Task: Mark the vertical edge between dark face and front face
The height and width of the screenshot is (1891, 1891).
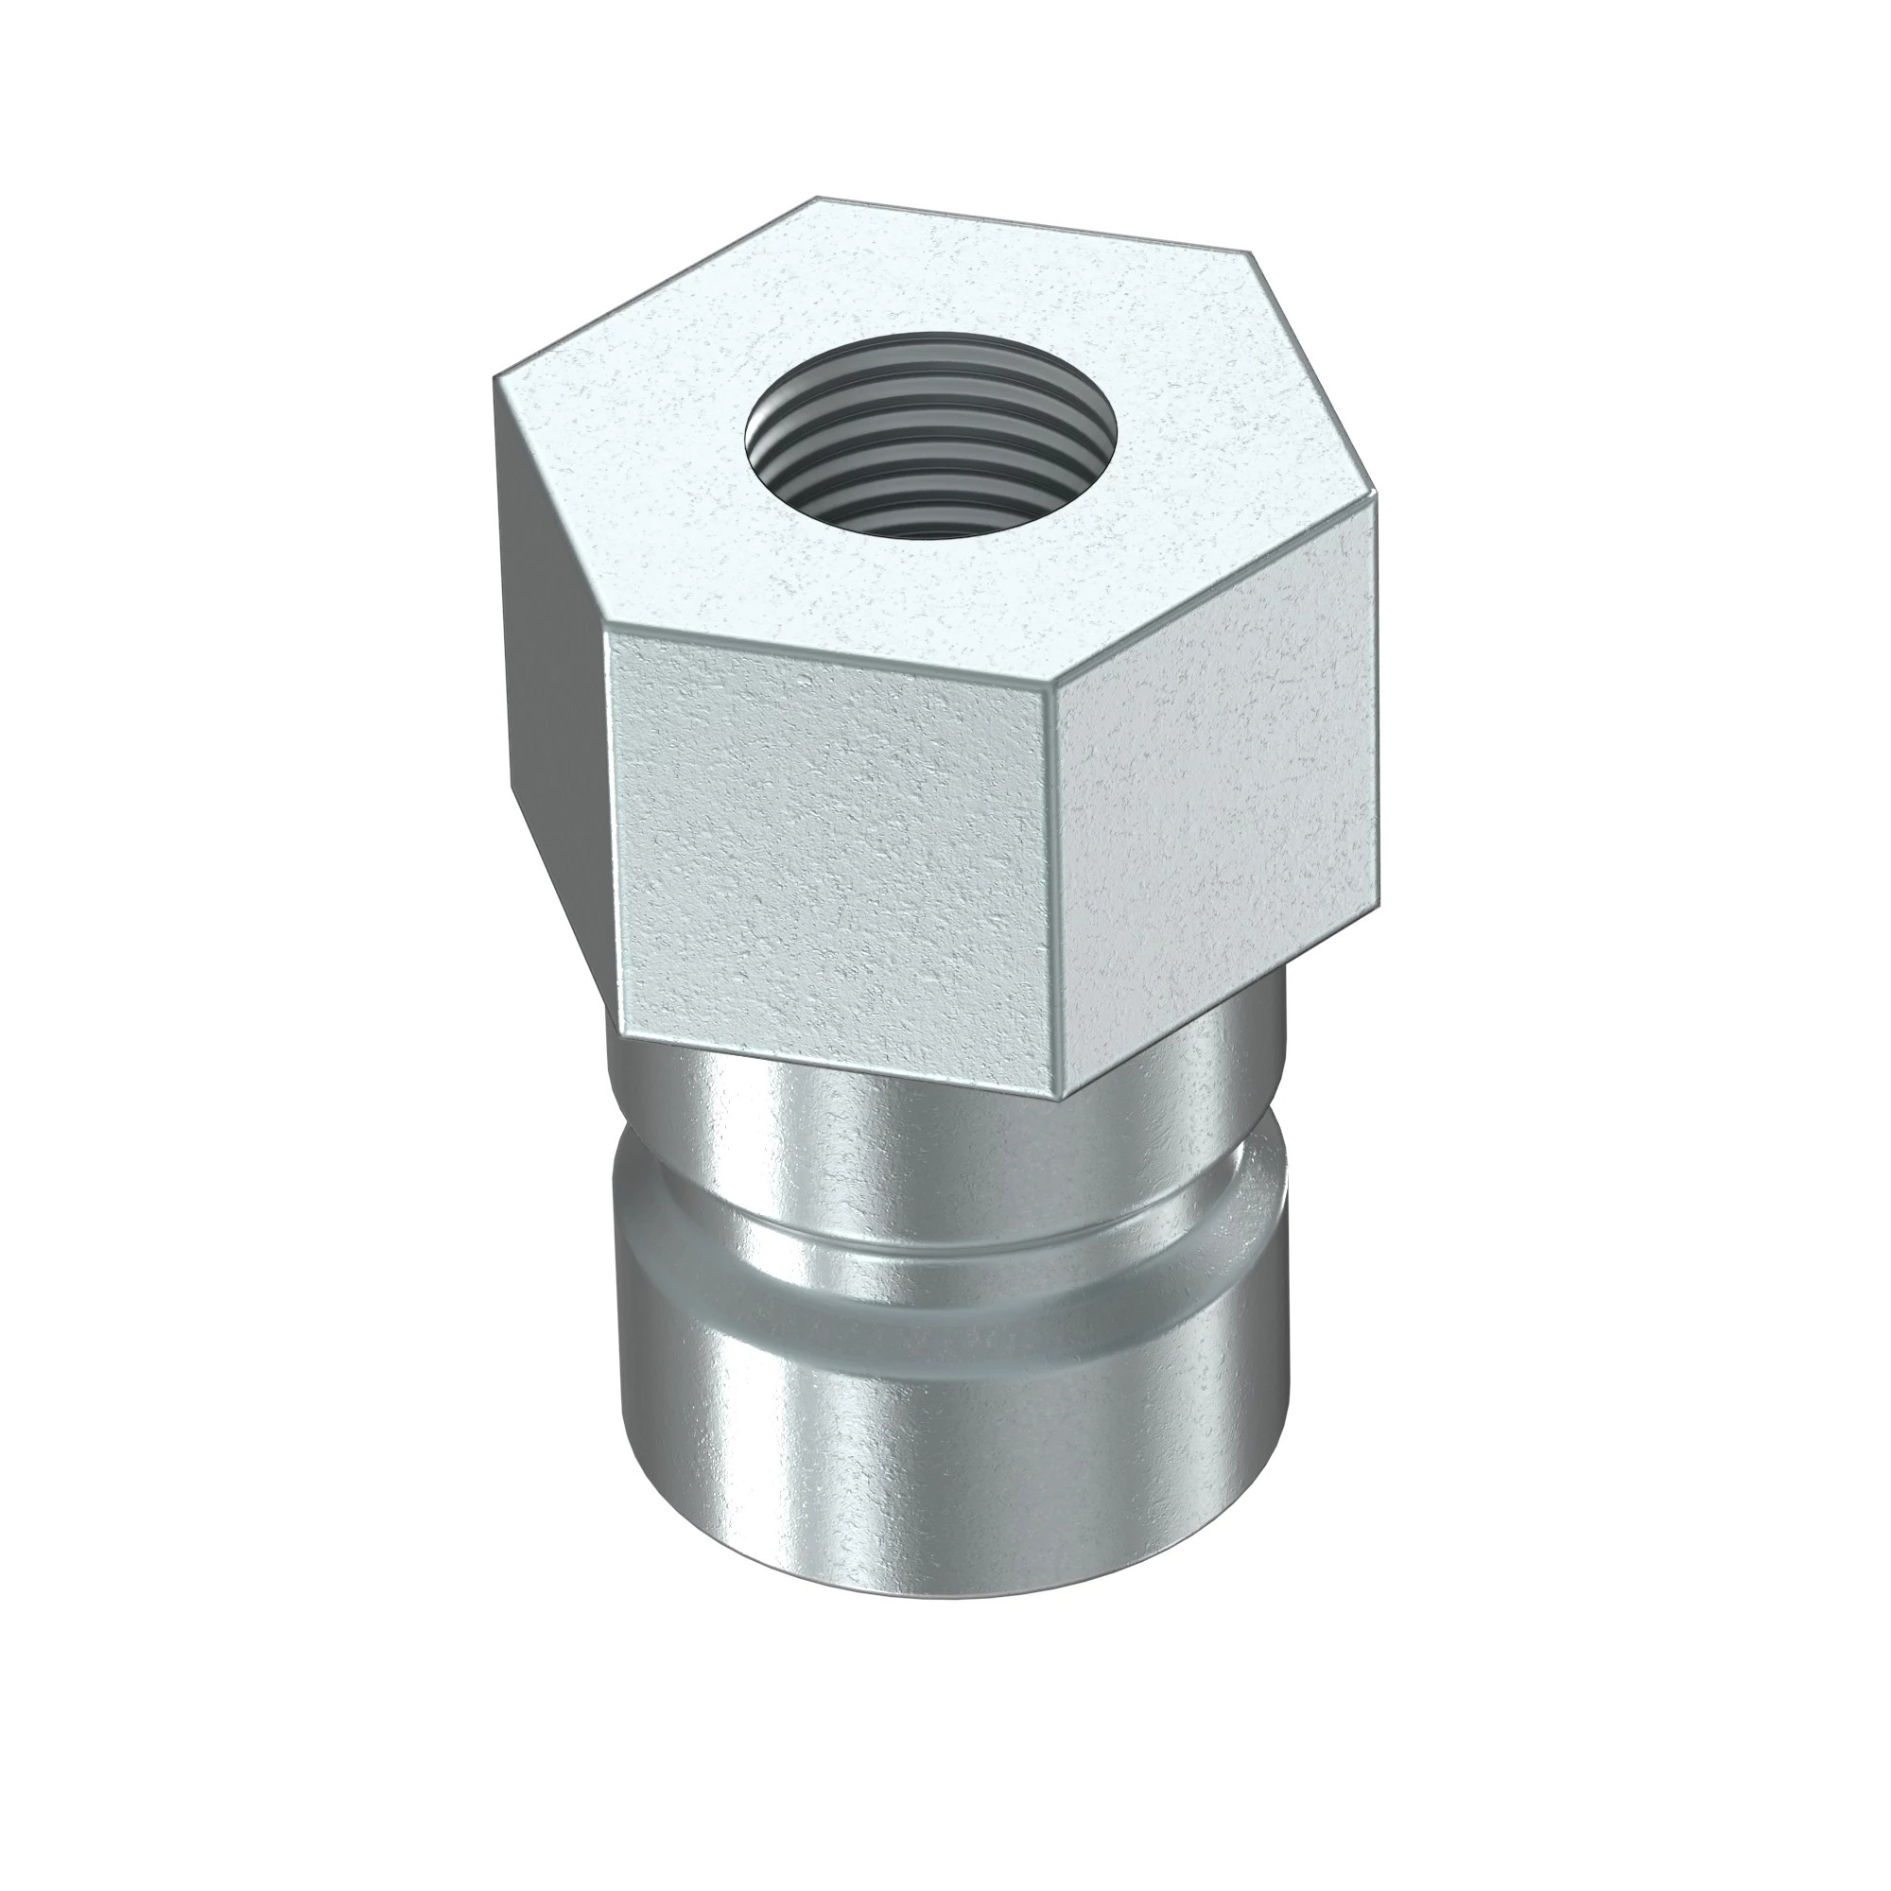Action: click(x=607, y=812)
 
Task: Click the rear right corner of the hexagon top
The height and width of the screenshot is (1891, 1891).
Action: click(x=1252, y=252)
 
